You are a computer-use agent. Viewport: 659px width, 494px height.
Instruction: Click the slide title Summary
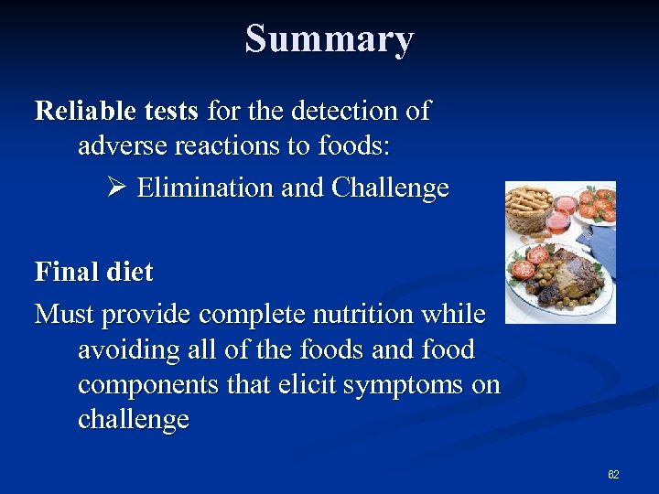click(x=329, y=39)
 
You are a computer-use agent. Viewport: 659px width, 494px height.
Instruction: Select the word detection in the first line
click(x=344, y=112)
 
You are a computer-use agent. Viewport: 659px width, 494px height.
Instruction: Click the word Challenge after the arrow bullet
click(x=391, y=188)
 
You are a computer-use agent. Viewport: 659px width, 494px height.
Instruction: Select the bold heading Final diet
click(x=93, y=272)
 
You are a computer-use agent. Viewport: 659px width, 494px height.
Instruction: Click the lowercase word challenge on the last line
click(x=134, y=420)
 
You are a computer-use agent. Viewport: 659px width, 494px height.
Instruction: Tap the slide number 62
click(x=613, y=475)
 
